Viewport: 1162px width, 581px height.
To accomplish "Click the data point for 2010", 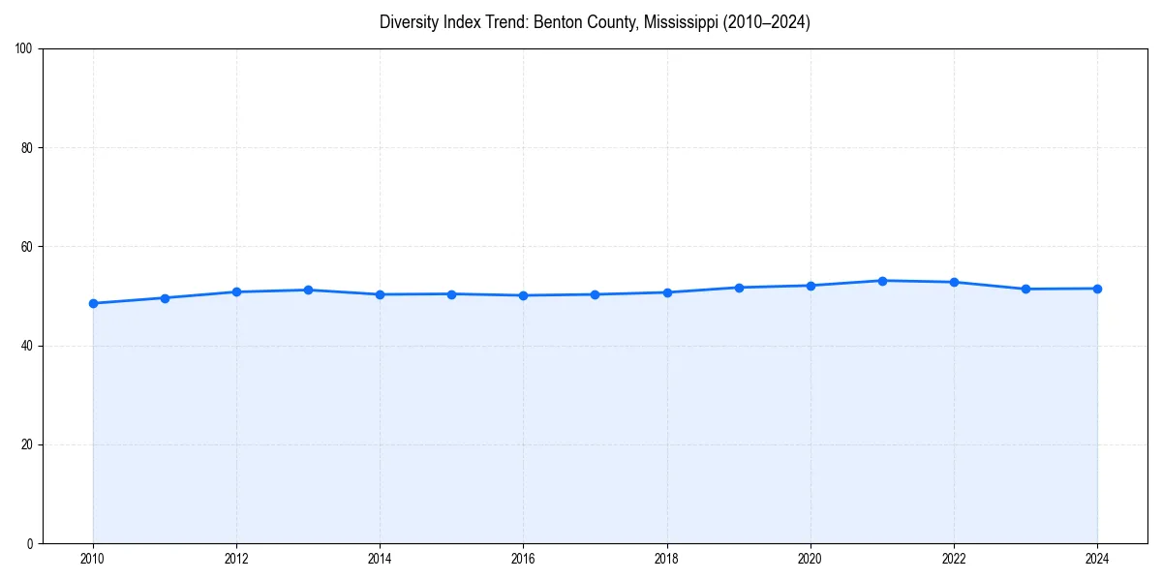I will click(93, 303).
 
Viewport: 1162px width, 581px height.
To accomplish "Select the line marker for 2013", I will click(308, 290).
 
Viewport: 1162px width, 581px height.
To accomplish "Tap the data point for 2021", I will click(882, 281).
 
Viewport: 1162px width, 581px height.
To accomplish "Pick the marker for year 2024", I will click(1097, 289).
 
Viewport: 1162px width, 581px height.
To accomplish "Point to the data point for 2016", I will click(523, 295).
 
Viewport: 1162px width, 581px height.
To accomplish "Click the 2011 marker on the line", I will click(165, 298).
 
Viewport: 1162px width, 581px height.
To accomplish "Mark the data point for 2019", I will click(739, 288).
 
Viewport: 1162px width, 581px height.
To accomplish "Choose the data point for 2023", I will click(1025, 289).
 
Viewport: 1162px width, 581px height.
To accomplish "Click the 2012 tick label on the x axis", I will click(236, 559).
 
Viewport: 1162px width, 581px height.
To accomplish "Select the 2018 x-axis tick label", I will click(666, 559).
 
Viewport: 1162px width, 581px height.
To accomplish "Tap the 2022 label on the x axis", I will click(954, 559).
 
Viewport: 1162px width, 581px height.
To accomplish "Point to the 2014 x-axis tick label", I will click(380, 559).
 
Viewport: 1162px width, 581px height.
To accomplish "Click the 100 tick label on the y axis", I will click(25, 49).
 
